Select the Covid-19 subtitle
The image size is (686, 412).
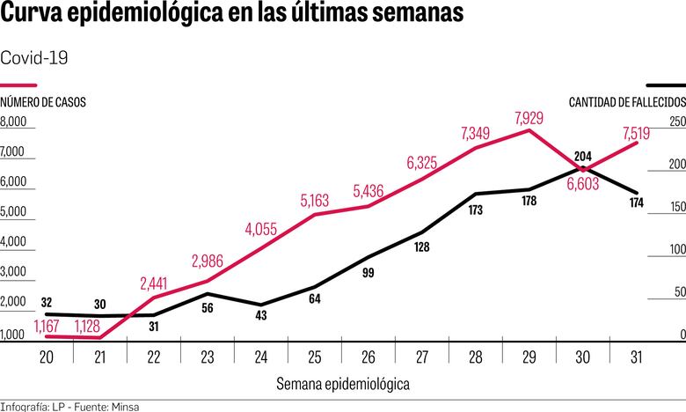pos(34,57)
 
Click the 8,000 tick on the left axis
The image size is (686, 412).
pos(15,121)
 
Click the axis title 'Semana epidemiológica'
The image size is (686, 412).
pos(342,384)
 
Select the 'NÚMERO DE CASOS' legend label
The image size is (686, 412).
pos(43,103)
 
